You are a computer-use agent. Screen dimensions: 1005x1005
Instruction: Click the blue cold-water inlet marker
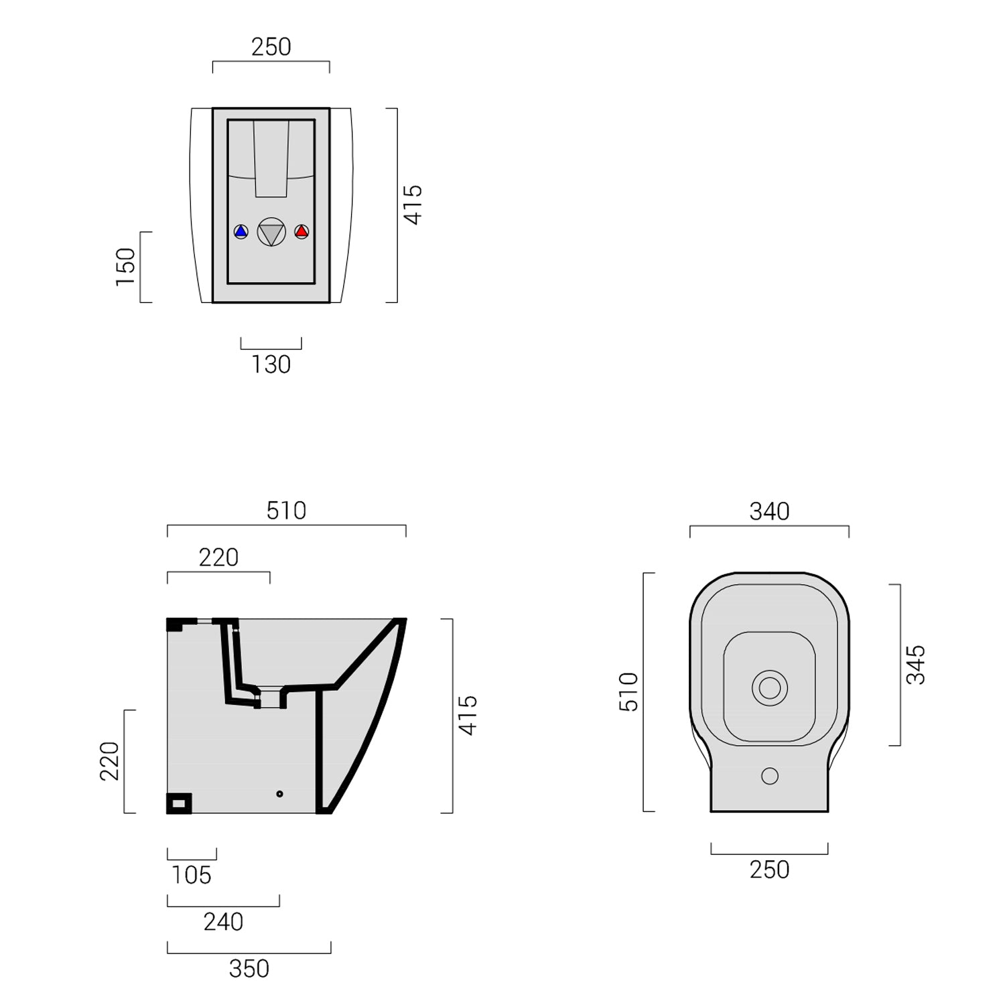click(241, 232)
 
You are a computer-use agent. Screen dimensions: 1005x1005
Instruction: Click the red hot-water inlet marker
click(301, 232)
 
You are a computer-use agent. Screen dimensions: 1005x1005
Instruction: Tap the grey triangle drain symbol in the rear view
click(271, 232)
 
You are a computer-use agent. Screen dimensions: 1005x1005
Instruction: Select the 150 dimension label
click(126, 267)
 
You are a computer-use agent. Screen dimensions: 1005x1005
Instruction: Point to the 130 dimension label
click(271, 364)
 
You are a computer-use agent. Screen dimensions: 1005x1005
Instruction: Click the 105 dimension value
click(192, 875)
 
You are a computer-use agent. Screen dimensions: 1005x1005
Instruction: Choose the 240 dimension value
click(223, 922)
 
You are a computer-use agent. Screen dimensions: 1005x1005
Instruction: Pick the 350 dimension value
click(249, 969)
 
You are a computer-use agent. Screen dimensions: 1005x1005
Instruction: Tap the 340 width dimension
click(769, 512)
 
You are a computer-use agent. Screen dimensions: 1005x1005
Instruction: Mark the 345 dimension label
click(915, 665)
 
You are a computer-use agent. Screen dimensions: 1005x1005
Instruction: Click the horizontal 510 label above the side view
click(286, 511)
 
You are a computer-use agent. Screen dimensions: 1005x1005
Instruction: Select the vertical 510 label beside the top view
click(628, 691)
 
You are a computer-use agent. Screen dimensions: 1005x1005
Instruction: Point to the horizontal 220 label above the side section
click(218, 557)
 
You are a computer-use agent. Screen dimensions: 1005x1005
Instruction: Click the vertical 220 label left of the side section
click(110, 761)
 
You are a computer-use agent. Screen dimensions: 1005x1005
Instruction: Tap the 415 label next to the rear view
click(413, 205)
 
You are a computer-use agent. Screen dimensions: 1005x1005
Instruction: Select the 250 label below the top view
click(769, 870)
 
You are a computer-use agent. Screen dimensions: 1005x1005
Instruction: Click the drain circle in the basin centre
click(769, 688)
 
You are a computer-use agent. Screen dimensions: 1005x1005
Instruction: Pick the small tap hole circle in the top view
click(770, 776)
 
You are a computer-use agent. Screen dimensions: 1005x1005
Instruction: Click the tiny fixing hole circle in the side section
click(279, 794)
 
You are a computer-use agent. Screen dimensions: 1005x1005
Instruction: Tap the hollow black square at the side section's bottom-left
click(179, 803)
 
